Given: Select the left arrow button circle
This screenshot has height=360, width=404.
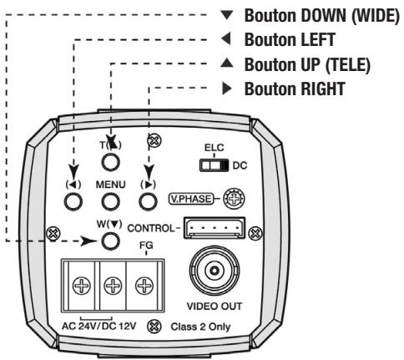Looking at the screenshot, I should pos(74,200).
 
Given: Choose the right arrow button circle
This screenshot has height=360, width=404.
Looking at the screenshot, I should pos(148,200).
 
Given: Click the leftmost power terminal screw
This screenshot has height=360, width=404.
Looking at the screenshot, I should pos(80,285).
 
